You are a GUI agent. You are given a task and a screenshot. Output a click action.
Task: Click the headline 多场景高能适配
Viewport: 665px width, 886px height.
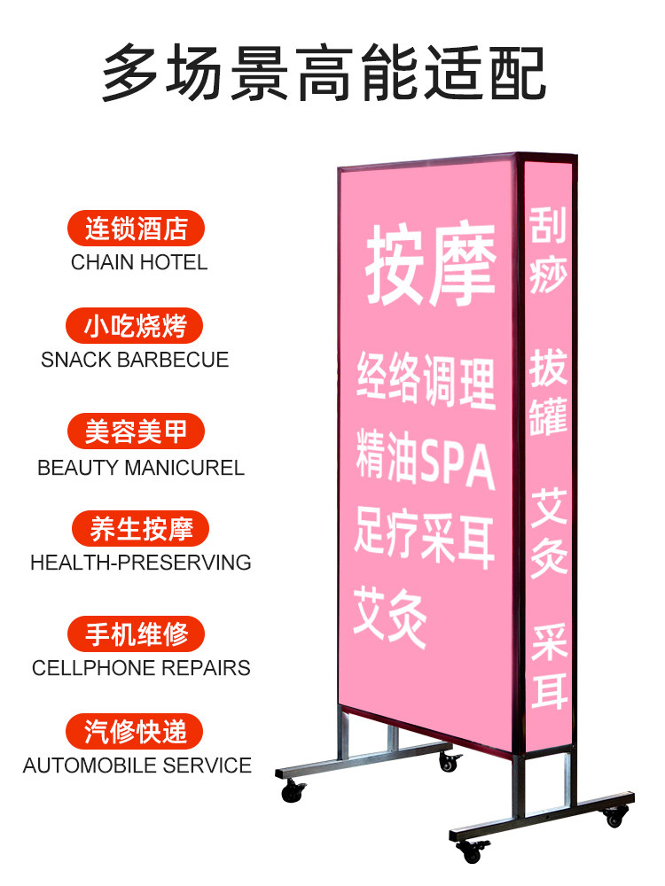[324, 73]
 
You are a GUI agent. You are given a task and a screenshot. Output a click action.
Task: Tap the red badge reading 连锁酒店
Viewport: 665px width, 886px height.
[136, 229]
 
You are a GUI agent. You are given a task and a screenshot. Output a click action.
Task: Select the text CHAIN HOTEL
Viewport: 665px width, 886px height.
[139, 262]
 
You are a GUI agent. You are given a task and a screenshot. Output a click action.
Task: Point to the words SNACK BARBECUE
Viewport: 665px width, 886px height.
[135, 360]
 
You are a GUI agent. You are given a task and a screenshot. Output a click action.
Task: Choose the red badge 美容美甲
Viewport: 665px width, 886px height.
[136, 431]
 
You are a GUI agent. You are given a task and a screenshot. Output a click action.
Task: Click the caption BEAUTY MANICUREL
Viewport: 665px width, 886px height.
[141, 467]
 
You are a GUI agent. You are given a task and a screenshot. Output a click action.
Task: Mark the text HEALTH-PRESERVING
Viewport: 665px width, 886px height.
[141, 563]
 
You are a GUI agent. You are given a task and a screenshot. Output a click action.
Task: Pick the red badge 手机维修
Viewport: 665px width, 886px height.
[137, 634]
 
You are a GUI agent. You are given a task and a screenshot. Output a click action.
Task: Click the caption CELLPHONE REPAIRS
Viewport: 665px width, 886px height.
[141, 668]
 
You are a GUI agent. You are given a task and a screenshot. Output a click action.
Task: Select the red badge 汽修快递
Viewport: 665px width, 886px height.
[136, 732]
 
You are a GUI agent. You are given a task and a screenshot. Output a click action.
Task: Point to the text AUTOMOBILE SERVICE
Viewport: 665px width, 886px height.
[137, 765]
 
